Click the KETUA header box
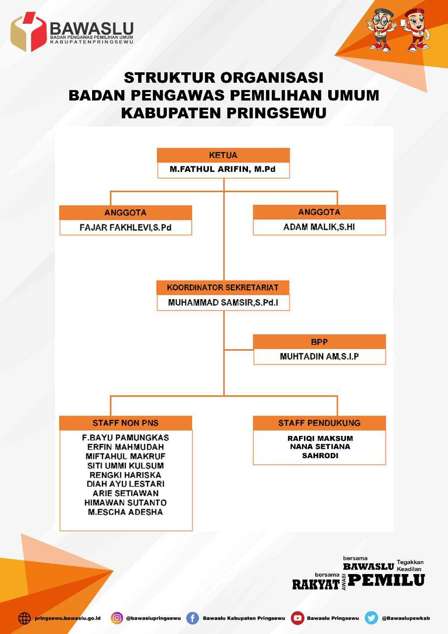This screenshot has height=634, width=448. click(223, 156)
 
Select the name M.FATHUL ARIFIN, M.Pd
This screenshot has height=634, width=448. click(223, 169)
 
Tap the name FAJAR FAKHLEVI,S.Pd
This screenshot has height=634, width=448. click(125, 228)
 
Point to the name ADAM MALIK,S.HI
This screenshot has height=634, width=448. click(319, 228)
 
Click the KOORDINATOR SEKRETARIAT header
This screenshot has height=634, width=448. click(223, 288)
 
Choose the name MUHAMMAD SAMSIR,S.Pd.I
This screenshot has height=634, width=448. click(223, 303)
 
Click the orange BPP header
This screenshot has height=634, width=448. click(319, 342)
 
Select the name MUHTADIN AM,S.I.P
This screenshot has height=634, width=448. click(319, 357)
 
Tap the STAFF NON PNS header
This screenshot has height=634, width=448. click(125, 423)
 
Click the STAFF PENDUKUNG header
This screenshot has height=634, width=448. click(319, 423)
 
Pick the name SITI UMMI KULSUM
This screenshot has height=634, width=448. click(125, 466)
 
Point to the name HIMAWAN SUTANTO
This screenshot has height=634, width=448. click(125, 503)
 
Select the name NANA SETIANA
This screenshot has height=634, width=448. click(320, 447)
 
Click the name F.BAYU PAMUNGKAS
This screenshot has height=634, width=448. click(125, 438)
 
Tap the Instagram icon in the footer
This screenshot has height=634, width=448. click(117, 618)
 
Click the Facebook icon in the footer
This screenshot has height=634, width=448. click(193, 618)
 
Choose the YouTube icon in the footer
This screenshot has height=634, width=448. click(298, 618)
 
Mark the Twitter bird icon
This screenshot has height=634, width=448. click(371, 618)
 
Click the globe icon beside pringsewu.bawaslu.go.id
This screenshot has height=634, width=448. click(24, 618)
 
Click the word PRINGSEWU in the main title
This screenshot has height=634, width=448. click(277, 112)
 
